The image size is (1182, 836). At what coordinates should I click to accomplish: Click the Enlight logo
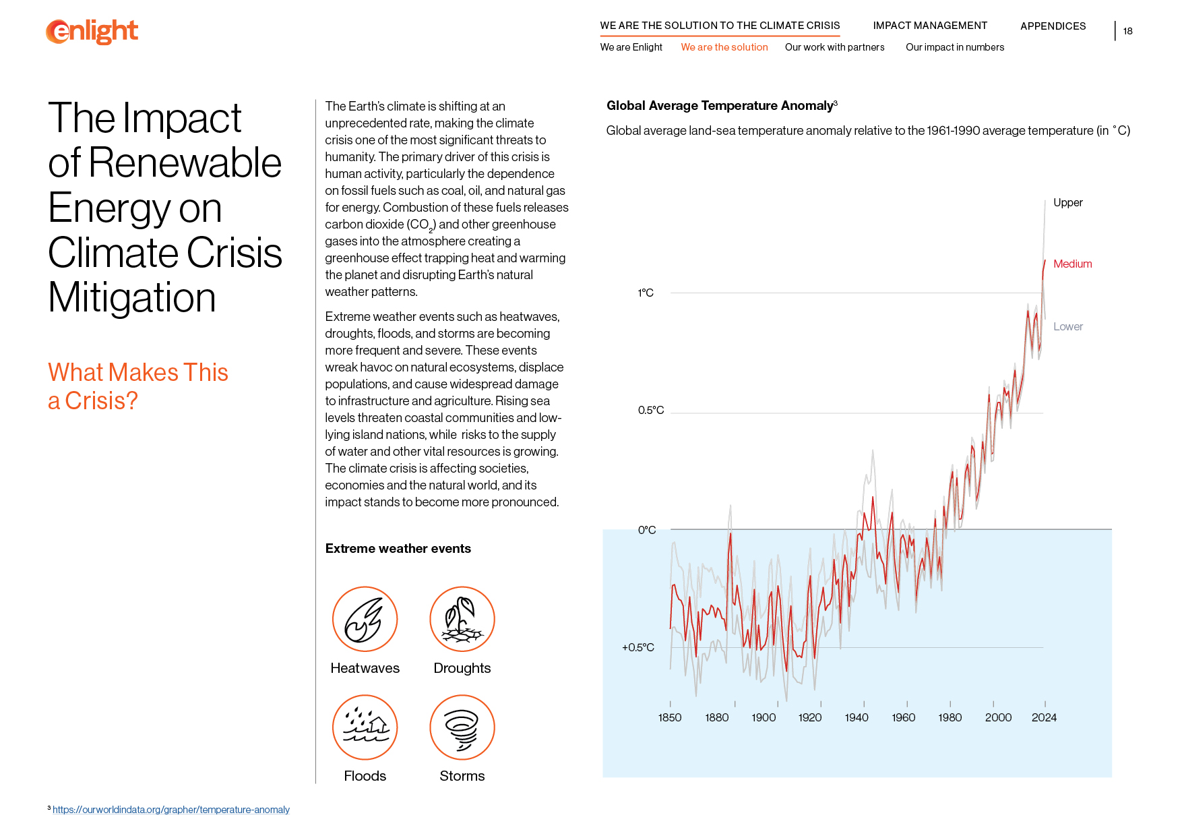92,32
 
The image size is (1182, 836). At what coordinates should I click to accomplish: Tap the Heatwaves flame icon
365,619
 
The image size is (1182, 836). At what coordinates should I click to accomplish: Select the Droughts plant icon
462,619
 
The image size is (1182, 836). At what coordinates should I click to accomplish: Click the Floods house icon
365,727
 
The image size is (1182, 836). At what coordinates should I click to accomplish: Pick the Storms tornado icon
462,727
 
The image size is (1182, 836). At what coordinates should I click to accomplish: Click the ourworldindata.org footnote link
171,810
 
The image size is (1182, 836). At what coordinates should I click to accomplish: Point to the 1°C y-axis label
646,293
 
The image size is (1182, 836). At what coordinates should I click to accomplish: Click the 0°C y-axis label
647,530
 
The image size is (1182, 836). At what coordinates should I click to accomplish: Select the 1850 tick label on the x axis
670,717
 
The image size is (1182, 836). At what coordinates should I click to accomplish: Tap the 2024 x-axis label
1044,717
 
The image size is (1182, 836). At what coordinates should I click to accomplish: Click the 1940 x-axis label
857,717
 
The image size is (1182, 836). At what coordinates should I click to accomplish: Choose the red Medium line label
1072,264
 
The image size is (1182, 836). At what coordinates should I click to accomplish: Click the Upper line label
1068,202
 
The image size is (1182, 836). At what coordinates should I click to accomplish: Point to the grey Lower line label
1068,326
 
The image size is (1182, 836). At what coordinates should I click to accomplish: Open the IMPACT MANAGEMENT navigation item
930,26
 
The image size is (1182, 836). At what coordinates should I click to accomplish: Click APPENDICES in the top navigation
1053,26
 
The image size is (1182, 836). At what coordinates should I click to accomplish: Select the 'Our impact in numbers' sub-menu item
954,47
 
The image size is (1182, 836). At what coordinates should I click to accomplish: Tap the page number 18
1127,31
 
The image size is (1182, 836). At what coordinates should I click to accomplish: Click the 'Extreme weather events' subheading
398,549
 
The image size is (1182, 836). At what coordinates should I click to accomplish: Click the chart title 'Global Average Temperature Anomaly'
720,106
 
